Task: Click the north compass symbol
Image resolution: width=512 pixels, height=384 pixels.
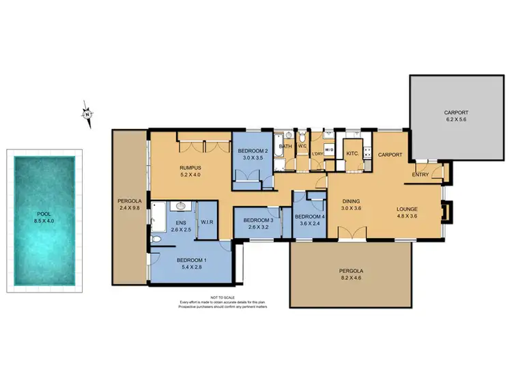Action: [x=87, y=114]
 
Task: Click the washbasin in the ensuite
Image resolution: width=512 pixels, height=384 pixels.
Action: [x=180, y=205]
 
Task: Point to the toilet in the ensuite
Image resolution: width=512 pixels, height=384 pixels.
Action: [x=156, y=239]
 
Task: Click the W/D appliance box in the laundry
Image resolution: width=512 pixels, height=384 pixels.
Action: [x=328, y=149]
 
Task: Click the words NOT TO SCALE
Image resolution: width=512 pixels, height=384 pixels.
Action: [x=223, y=297]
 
